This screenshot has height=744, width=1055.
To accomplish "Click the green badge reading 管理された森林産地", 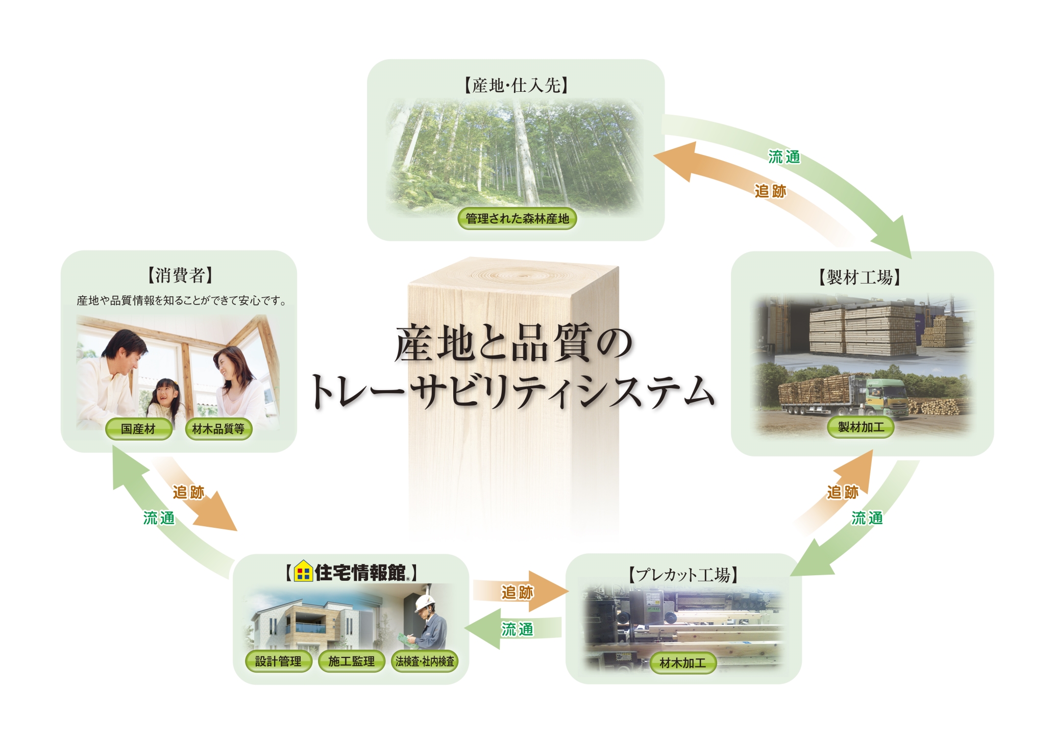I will tap(517, 219).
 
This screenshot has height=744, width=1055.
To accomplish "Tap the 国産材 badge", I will tap(138, 429).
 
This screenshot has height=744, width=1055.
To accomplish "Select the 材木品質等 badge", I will tap(218, 429).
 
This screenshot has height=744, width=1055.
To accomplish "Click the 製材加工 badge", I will tap(861, 427).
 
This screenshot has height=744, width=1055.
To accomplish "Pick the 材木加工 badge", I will tap(683, 662).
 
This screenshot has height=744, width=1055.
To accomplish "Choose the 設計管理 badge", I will tap(278, 661).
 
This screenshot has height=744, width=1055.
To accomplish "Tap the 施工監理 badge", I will tap(351, 661).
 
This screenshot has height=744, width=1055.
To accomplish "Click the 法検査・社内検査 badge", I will tap(425, 661).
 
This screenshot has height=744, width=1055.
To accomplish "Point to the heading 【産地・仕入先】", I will tap(516, 85).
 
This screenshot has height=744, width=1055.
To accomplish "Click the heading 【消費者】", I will tap(180, 275).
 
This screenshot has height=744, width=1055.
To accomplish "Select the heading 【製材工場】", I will tap(860, 277).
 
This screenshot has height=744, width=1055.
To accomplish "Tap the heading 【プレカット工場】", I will tap(683, 575).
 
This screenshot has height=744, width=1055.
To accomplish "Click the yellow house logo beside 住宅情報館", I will tap(303, 572).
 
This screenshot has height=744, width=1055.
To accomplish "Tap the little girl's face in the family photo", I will tap(165, 393).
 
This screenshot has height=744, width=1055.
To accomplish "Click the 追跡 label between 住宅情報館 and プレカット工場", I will tap(517, 592).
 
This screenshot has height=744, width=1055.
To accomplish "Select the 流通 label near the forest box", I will tap(784, 157).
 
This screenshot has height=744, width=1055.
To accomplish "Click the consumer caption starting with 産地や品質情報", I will tap(181, 301).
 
